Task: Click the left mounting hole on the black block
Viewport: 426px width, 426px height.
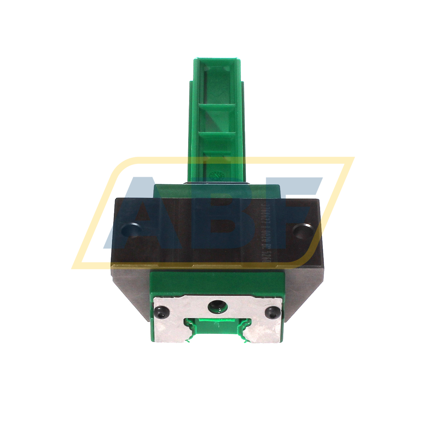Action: coord(130,230)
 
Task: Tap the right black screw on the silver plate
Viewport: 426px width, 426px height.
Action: coord(272,312)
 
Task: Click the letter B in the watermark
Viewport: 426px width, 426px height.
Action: coord(218,213)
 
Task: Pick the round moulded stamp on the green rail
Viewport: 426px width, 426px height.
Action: coord(217,176)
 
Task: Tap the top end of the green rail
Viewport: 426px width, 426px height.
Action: coord(217,60)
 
